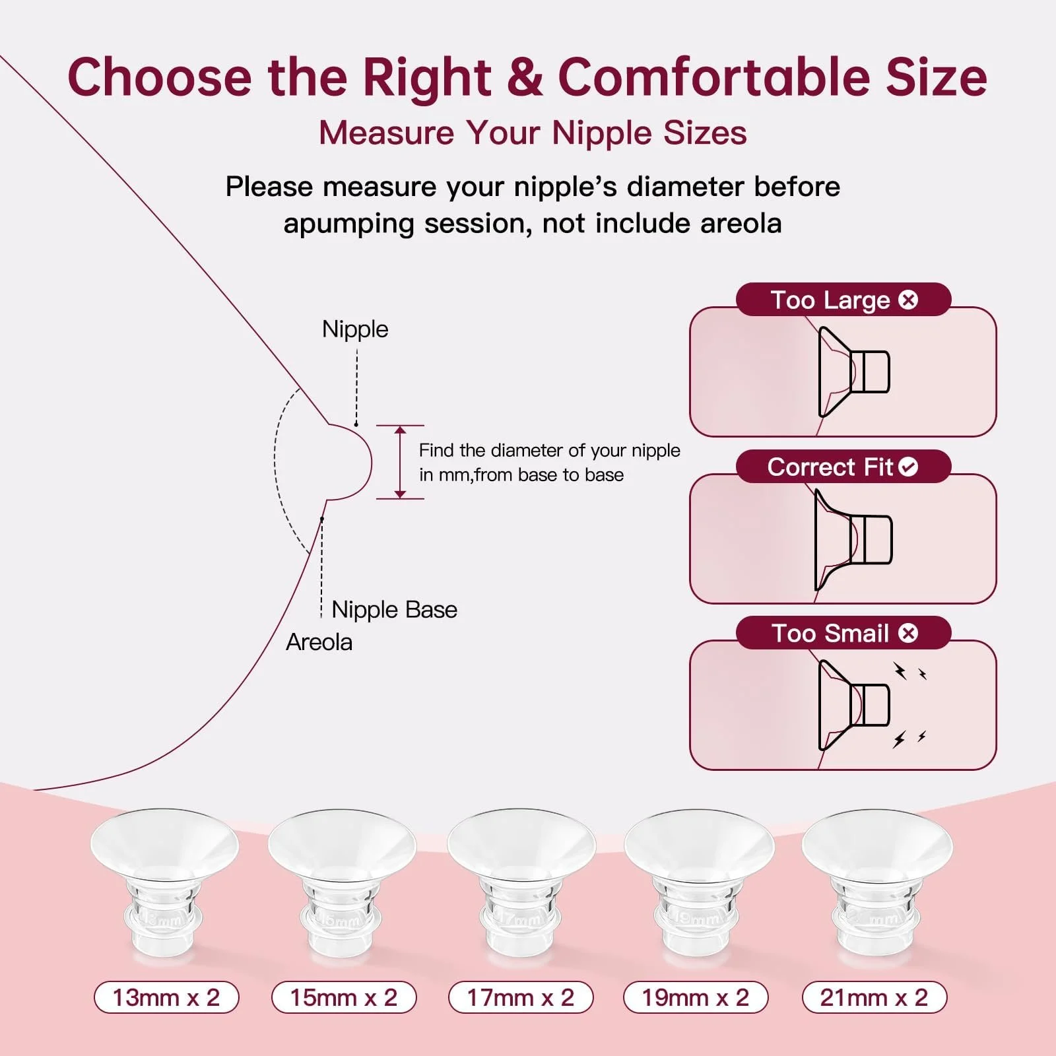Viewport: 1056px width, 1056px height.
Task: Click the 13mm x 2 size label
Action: coord(166,997)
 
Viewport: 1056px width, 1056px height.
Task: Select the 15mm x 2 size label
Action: coord(344,997)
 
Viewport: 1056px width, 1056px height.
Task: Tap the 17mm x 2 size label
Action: coord(521,997)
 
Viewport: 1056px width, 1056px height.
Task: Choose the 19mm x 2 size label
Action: coord(696,997)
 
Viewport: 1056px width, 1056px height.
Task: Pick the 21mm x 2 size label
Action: coord(874,997)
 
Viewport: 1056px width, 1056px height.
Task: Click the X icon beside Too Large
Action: coord(908,300)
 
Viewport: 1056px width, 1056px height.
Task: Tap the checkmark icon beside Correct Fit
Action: coord(908,467)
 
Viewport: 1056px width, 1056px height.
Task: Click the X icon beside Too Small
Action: coord(908,633)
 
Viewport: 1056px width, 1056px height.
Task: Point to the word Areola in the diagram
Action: coord(319,642)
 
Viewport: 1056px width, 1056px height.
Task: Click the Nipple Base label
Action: coord(394,609)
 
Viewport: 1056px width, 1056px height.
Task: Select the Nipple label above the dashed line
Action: coord(355,329)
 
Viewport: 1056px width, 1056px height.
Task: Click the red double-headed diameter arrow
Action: coord(400,462)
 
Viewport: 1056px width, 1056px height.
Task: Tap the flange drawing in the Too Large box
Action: coord(854,372)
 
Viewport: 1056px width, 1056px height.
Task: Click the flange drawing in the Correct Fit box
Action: coord(854,540)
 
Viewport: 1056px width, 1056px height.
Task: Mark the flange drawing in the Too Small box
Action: coord(854,705)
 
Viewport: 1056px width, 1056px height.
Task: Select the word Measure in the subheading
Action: coord(387,133)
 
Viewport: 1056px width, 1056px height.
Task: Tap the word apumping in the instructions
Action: coord(349,224)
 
